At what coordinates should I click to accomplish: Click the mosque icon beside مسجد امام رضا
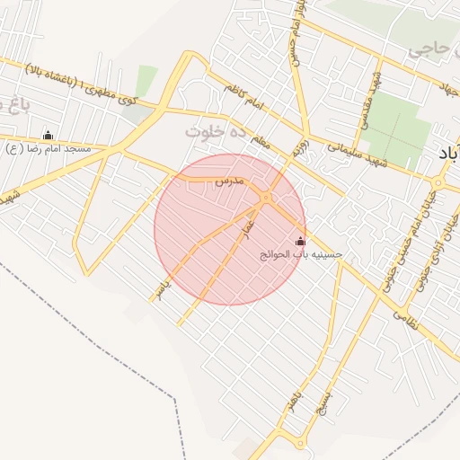point(48,135)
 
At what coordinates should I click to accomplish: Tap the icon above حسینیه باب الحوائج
point(300,241)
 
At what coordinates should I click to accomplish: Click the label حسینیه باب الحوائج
point(301,255)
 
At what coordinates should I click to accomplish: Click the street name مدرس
point(229,181)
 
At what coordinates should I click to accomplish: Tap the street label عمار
point(249,217)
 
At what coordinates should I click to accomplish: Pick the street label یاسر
point(159,287)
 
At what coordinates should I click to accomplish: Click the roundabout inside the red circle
point(266,197)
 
